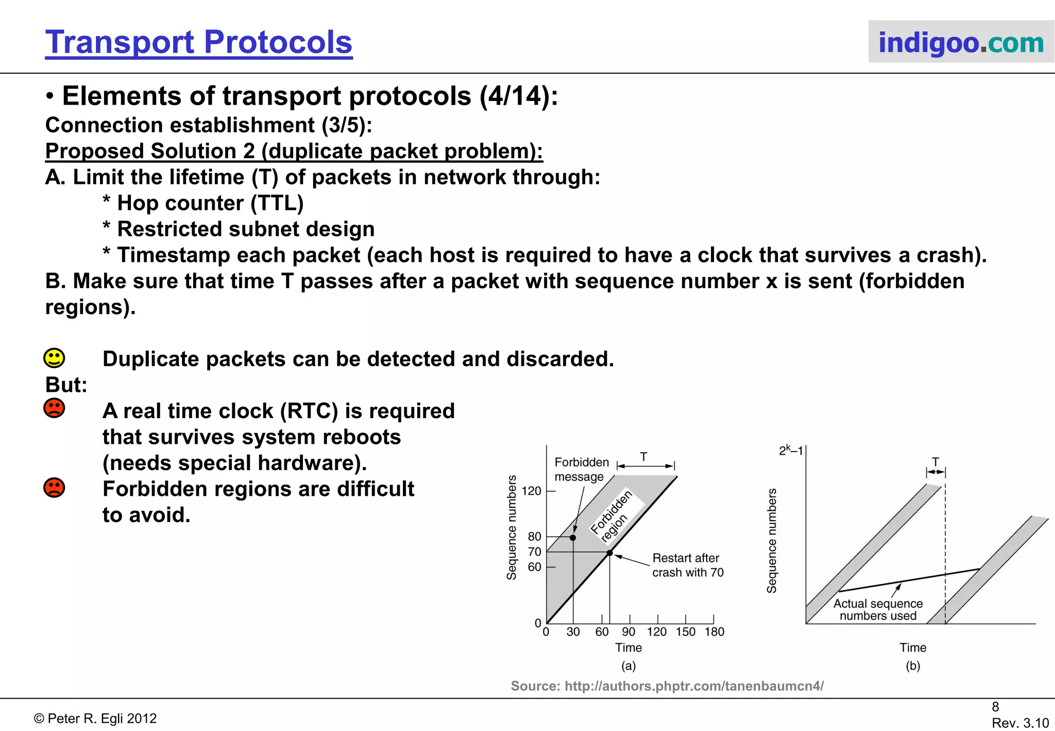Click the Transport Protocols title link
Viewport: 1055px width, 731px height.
198,42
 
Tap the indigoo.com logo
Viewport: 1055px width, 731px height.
961,42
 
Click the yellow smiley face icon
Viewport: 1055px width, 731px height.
54,358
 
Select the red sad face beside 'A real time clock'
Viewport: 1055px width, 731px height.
54,408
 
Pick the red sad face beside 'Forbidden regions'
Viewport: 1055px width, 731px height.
54,487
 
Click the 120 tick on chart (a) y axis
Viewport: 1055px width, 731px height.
532,491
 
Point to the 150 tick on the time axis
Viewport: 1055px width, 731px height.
686,632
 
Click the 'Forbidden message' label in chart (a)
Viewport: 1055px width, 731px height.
581,469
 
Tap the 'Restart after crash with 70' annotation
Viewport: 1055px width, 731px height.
687,565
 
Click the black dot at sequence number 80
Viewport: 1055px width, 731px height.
573,538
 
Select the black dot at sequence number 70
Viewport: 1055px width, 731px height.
609,553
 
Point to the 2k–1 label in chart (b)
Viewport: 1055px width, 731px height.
791,451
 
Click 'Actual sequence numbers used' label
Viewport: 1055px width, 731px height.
878,610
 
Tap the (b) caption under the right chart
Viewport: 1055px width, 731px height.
912,666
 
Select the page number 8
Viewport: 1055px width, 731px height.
995,707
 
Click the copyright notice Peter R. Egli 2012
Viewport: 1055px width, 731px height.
95,719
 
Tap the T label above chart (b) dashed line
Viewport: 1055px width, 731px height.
935,462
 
